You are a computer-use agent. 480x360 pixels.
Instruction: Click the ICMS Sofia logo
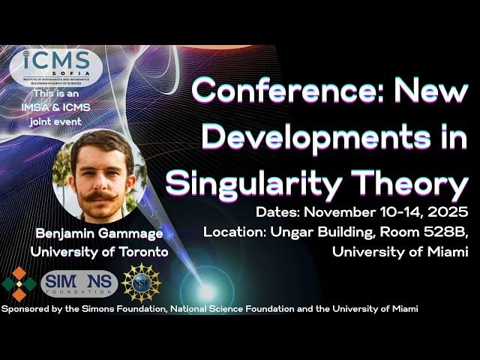point(56,67)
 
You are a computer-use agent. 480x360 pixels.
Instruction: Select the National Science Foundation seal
point(141,283)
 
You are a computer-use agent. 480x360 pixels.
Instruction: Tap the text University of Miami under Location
point(400,253)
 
